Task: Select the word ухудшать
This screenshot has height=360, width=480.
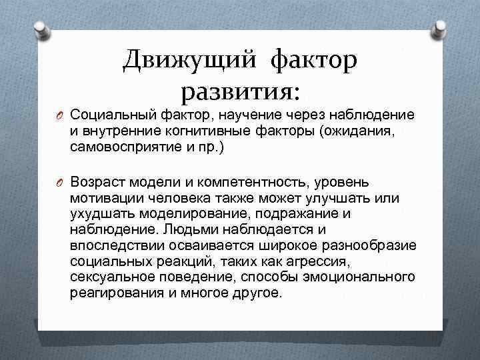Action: point(104,214)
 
